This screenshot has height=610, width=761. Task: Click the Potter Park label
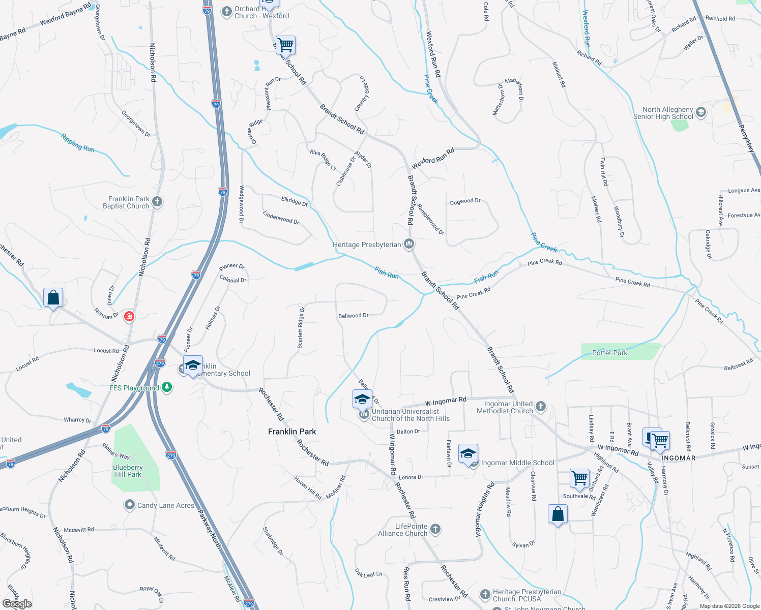point(609,353)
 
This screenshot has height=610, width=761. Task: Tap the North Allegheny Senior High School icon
point(701,112)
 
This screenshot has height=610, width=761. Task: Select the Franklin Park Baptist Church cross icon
point(157,202)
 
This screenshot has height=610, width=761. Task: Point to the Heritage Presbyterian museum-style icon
point(408,245)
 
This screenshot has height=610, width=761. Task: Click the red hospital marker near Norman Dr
point(129,317)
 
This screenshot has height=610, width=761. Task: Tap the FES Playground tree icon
point(166,388)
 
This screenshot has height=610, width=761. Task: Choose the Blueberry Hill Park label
point(128,471)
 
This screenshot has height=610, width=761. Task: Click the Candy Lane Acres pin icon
point(130,505)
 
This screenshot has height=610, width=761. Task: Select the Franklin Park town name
point(292,432)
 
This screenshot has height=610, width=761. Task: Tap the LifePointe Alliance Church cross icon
point(435,529)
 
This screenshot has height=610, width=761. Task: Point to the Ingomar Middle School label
point(517,463)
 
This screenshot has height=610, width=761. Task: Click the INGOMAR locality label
point(678,458)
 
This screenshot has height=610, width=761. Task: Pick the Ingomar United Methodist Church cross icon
point(541,407)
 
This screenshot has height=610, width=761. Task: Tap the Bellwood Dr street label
point(353,316)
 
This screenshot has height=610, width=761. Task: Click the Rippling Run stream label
point(78,143)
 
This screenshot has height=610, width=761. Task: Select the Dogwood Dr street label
point(465,201)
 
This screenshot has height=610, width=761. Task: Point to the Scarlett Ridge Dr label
point(301,328)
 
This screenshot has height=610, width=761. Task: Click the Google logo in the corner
point(17,604)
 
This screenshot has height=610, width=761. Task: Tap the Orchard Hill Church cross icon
point(227,12)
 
